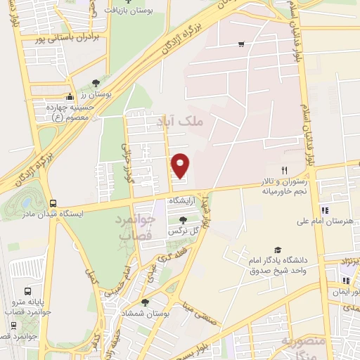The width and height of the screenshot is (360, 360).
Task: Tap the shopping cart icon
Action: click(241, 44)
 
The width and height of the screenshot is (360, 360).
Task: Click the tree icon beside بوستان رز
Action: click(96, 83)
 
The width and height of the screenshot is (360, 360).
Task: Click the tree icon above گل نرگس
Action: click(183, 219)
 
